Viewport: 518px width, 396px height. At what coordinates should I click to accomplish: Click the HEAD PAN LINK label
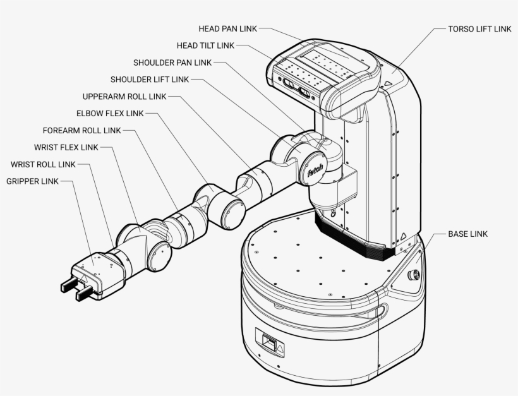coord(227,29)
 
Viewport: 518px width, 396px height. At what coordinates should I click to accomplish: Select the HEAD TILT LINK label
coord(205,45)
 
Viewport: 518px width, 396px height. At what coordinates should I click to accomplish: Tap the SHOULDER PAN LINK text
coord(172,63)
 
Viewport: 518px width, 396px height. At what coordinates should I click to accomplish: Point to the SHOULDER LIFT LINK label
coord(150,80)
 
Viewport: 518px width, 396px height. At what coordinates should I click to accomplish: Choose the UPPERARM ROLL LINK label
coord(124,97)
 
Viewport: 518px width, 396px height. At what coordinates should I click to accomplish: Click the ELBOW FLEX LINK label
coord(110,114)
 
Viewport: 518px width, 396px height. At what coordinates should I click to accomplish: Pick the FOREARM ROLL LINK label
coord(81,131)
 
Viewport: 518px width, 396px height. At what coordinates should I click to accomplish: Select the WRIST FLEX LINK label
coord(66,148)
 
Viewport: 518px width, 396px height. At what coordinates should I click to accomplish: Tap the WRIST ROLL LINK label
coord(43,165)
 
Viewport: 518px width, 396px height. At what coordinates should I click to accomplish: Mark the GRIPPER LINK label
coord(32,182)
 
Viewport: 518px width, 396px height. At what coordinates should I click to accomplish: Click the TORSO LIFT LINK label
coord(479,29)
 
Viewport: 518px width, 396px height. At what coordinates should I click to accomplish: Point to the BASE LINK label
coord(467,234)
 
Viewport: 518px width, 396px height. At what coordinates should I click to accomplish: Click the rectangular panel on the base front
coord(270,343)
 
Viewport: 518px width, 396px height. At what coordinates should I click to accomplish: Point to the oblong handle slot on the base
coord(382,310)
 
